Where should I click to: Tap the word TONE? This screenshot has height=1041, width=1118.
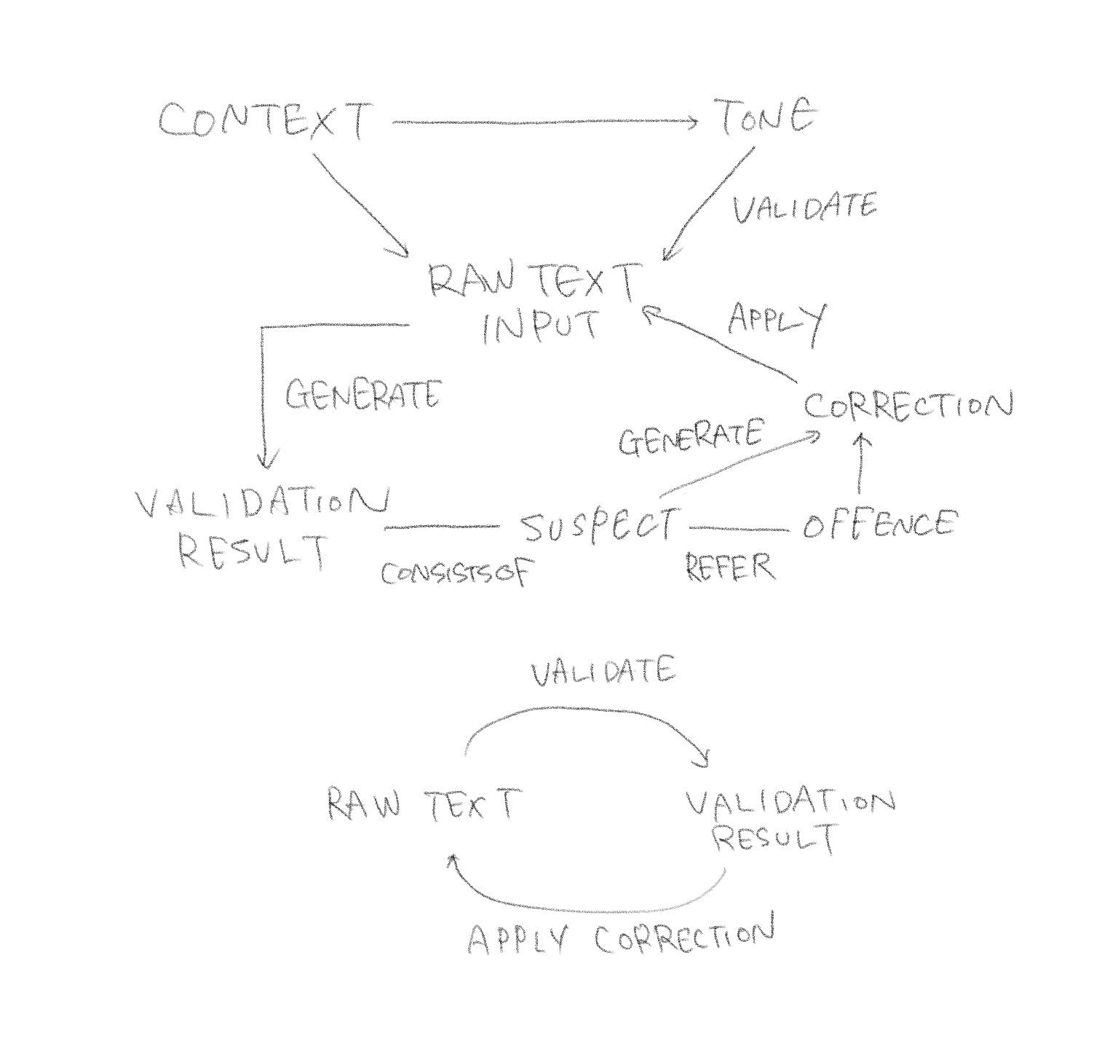click(x=766, y=118)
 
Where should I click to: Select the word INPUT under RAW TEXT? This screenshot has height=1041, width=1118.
click(x=540, y=328)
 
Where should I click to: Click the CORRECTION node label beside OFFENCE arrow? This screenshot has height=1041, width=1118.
click(x=908, y=406)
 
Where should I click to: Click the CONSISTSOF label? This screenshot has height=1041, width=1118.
click(x=457, y=573)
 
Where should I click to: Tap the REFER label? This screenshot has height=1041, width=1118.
click(x=730, y=567)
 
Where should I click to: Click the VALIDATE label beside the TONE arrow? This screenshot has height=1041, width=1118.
click(x=804, y=208)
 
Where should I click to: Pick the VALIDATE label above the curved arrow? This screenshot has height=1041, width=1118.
click(x=603, y=672)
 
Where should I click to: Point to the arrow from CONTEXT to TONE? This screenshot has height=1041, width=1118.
click(x=544, y=122)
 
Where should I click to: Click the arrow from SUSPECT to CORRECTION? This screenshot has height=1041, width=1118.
click(x=739, y=464)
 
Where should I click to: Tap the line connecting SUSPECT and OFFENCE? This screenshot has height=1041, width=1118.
click(x=738, y=528)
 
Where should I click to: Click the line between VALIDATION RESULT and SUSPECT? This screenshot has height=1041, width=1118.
click(x=442, y=527)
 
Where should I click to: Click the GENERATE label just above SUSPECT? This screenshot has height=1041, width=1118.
click(x=690, y=439)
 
